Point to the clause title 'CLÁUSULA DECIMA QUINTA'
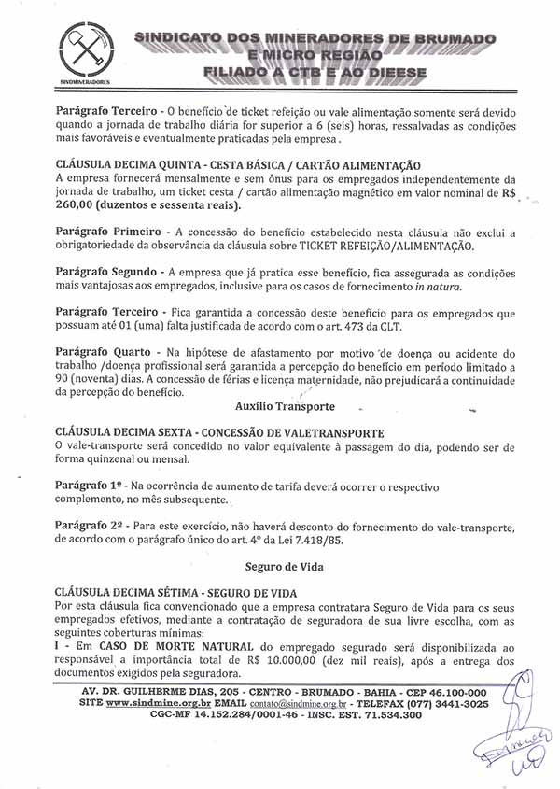point(132,164)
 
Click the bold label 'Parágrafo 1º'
point(91,487)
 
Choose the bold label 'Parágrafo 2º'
point(91,525)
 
